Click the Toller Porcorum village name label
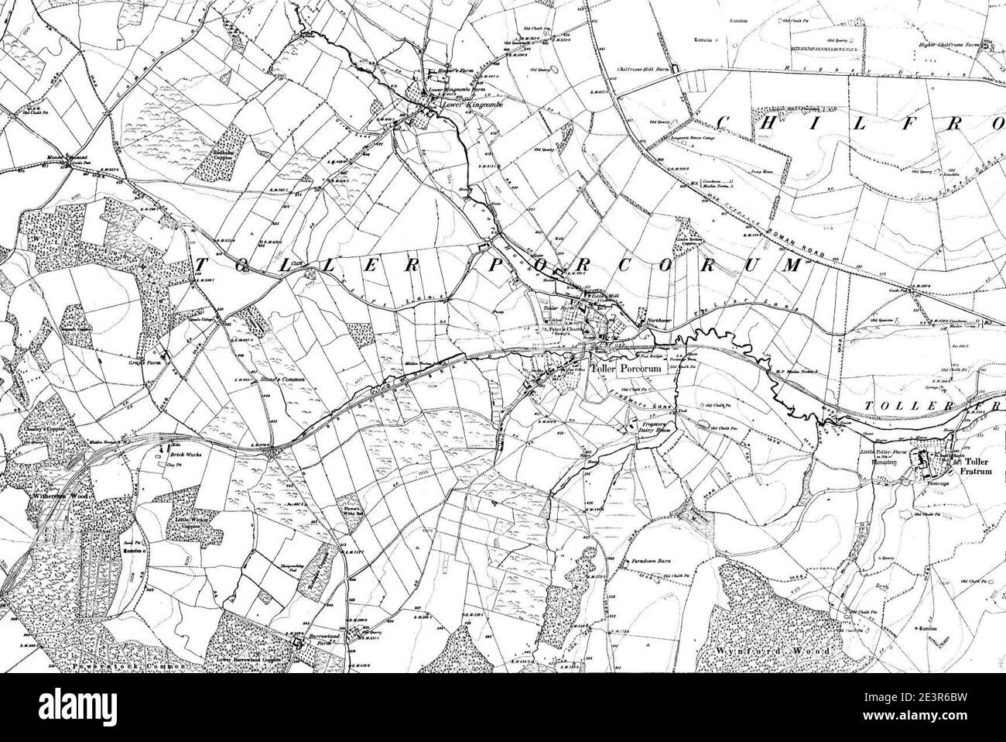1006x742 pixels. pos(627,369)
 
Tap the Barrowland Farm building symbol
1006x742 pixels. pos(297,643)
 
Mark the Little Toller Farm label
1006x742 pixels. pos(885,449)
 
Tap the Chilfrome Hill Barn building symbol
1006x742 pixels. pos(676,70)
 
